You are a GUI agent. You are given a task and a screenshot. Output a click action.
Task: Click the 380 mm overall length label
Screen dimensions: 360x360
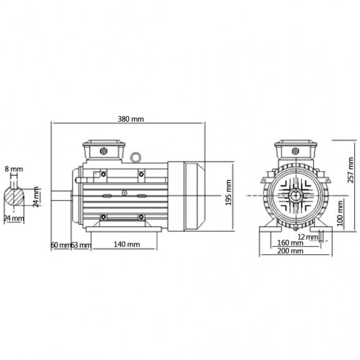(131, 119)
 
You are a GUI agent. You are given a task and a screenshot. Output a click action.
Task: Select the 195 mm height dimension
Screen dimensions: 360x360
(228, 192)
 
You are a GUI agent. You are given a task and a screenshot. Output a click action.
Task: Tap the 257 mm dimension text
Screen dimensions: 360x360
(351, 170)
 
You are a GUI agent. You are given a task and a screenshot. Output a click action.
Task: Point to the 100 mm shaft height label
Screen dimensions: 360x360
(340, 214)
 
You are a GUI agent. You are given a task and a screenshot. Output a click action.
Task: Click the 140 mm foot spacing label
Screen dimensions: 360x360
(127, 244)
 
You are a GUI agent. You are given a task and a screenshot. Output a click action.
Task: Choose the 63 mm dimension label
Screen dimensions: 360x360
(81, 245)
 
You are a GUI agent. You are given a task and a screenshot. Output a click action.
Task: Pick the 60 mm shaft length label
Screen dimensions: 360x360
(61, 245)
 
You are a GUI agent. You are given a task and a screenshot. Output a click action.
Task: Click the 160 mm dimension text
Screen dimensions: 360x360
(290, 243)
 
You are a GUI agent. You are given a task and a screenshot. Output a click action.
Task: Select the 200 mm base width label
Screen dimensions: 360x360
(290, 251)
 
